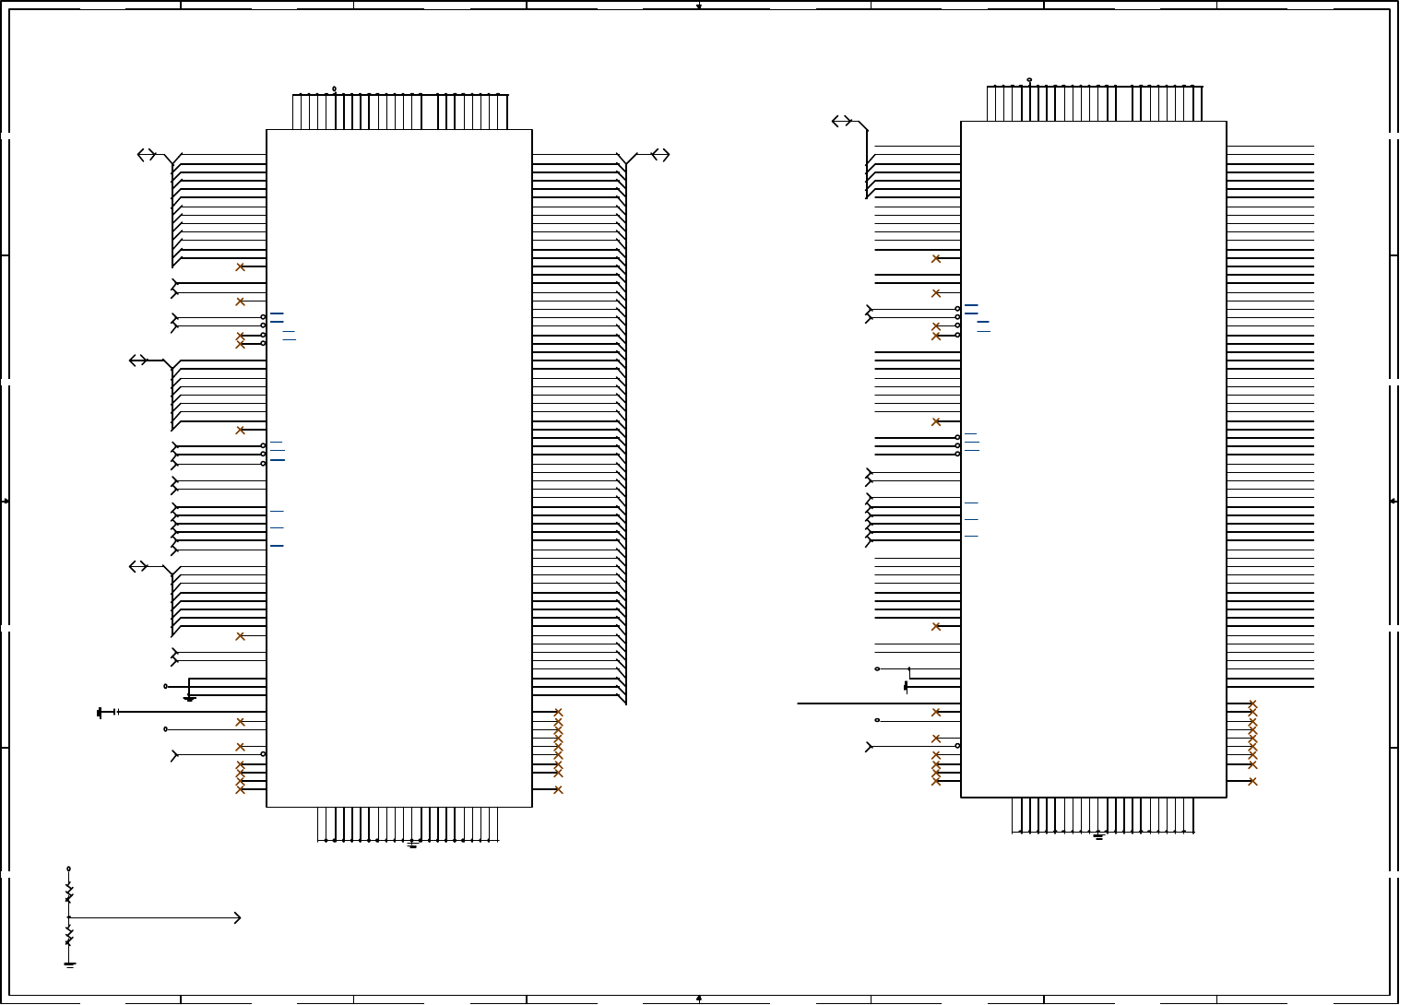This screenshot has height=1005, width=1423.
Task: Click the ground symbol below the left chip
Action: tap(412, 844)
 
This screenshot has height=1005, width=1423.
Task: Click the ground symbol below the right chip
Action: tap(1098, 836)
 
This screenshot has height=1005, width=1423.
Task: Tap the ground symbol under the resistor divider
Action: tap(69, 964)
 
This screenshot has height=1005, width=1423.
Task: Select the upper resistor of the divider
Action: tap(68, 893)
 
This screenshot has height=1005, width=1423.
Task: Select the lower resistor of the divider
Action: tap(68, 937)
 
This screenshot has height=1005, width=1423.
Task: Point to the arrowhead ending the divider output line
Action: tap(238, 917)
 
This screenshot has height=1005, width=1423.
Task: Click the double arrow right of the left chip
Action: tap(660, 155)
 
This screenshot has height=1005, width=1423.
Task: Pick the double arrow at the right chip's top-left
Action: tap(841, 121)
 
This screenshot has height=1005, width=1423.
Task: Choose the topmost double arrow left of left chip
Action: tap(147, 155)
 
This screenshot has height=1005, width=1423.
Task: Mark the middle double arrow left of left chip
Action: tap(138, 361)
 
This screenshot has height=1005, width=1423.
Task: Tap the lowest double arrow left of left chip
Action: tap(138, 566)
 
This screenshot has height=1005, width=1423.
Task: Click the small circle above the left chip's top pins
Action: tap(334, 89)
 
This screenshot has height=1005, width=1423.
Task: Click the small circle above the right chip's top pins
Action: tap(1029, 80)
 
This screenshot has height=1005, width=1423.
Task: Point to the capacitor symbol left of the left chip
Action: tap(114, 712)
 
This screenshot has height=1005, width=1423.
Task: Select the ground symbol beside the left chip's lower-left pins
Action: tap(189, 697)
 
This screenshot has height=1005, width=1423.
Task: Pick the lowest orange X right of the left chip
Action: tap(558, 789)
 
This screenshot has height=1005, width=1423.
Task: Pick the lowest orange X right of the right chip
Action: tap(1252, 782)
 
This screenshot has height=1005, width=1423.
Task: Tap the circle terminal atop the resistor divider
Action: tap(68, 869)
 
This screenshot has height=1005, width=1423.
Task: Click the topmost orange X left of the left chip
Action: tap(240, 266)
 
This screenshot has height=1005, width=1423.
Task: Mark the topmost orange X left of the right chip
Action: tap(936, 258)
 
